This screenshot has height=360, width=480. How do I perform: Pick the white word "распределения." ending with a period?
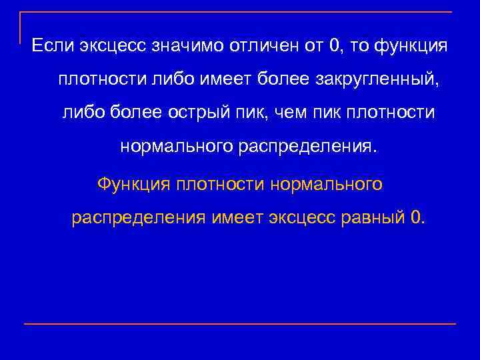coord(307,145)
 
